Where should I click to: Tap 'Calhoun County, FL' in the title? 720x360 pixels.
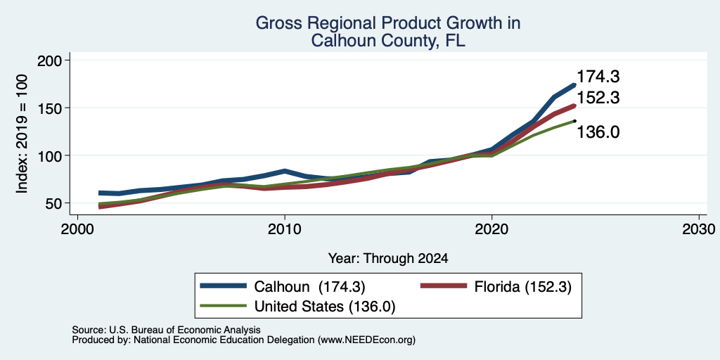click(388, 41)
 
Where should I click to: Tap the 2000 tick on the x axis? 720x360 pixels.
click(77, 229)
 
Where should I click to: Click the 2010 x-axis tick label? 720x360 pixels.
click(285, 229)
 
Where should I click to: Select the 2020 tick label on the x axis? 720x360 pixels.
click(491, 229)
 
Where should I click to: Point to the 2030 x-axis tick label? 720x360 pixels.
click(698, 229)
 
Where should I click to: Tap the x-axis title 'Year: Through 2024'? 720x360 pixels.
click(388, 259)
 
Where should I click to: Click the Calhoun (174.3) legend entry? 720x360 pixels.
click(283, 287)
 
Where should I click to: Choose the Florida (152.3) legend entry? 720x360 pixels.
click(496, 287)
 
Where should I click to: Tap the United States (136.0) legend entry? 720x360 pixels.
click(297, 307)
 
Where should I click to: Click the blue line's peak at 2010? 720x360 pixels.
click(285, 171)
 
